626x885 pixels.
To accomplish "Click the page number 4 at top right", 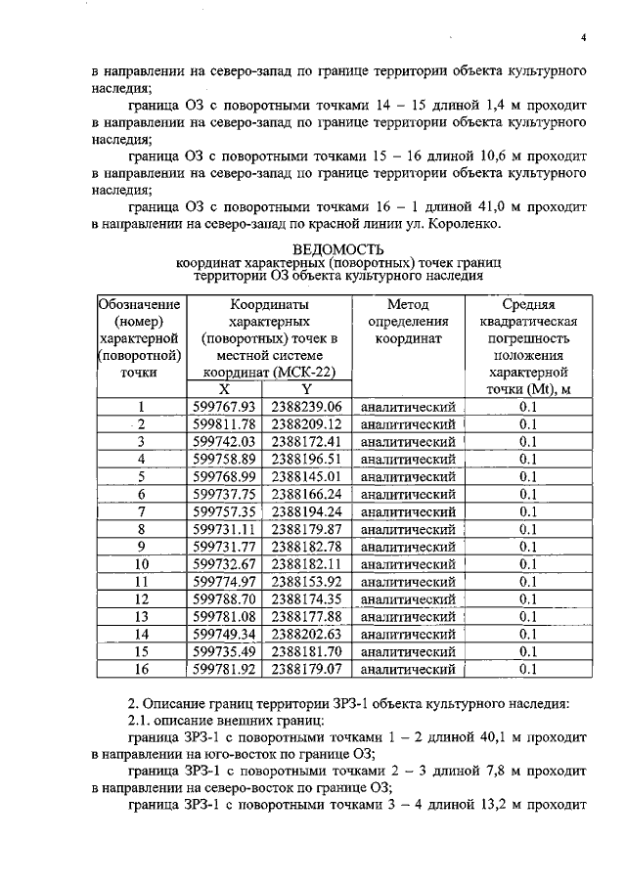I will click(x=583, y=38).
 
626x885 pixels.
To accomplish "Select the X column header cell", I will click(x=224, y=389).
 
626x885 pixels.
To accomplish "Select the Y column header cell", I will click(x=305, y=389).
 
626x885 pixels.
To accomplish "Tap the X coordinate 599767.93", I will click(x=224, y=407).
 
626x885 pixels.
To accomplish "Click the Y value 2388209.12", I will click(x=305, y=424).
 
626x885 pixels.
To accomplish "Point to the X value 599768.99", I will click(x=224, y=476).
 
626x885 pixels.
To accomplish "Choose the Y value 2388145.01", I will click(x=305, y=476).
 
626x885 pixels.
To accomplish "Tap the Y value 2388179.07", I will click(x=305, y=669).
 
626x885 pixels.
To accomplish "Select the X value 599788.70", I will click(x=224, y=599).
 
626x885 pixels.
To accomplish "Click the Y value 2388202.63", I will click(x=305, y=634).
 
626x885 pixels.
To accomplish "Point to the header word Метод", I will click(x=408, y=304).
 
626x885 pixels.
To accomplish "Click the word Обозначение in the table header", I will click(x=141, y=304).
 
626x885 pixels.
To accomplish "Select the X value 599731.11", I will click(x=224, y=529).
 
